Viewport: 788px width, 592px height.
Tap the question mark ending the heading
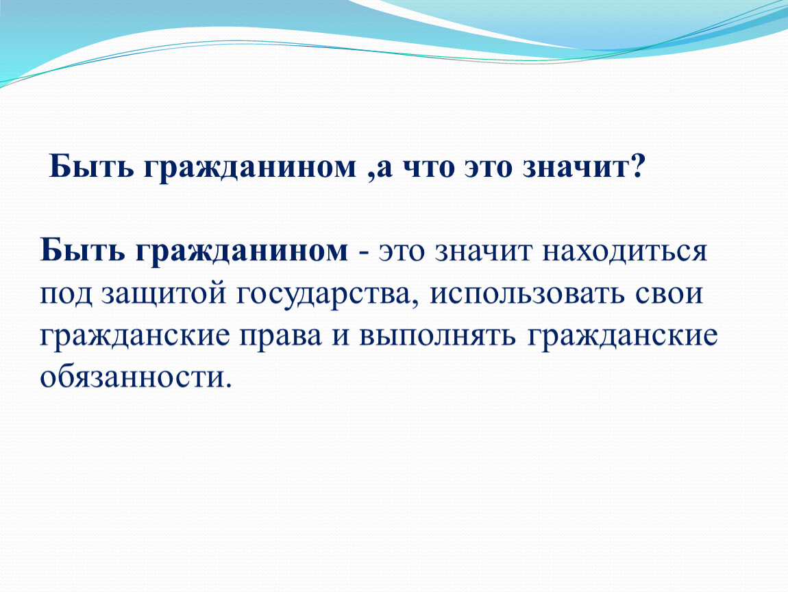click(x=636, y=166)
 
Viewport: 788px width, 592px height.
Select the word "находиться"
click(x=625, y=251)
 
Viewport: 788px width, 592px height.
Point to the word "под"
click(x=66, y=296)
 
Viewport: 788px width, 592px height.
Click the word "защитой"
click(x=164, y=295)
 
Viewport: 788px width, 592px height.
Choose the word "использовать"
click(x=527, y=295)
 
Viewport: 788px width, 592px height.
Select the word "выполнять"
click(x=437, y=336)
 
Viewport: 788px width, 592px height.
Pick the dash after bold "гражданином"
click(x=363, y=254)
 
